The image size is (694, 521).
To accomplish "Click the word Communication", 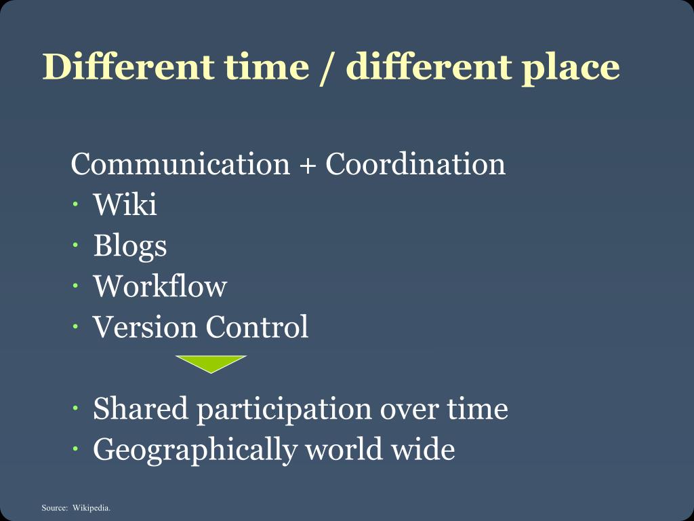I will click(180, 164).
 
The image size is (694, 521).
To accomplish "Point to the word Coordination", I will click(415, 164).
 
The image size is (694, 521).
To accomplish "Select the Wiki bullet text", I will click(125, 204).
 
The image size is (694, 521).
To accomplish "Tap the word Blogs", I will click(129, 246).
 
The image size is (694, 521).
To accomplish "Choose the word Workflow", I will click(160, 286).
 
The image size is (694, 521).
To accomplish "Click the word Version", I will click(145, 326).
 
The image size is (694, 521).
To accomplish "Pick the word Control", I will click(257, 326).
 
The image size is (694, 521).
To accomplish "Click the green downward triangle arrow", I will click(211, 363).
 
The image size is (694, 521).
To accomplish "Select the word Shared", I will click(140, 408).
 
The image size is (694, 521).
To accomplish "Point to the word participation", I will click(284, 410).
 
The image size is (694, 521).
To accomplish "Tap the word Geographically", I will click(195, 450).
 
